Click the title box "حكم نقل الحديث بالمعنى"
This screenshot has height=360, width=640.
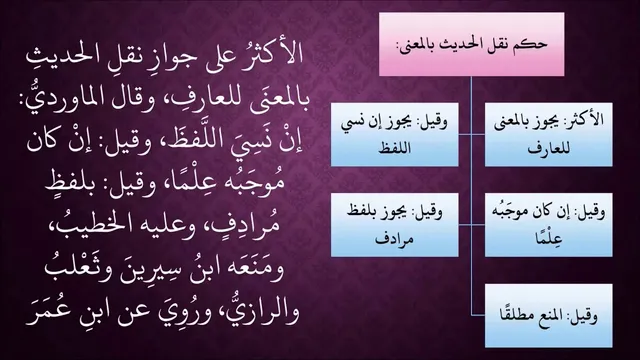471,44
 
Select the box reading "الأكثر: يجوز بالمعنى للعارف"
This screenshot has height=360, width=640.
549,135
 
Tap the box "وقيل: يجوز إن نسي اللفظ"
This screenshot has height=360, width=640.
394,135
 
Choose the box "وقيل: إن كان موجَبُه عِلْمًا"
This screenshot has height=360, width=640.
549,225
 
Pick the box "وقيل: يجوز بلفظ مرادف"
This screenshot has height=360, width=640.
394,225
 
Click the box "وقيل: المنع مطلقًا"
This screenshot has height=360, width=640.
549,316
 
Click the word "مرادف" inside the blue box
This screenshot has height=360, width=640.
394,239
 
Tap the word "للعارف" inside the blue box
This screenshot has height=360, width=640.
549,149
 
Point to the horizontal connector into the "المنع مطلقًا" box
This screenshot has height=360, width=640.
478,316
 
